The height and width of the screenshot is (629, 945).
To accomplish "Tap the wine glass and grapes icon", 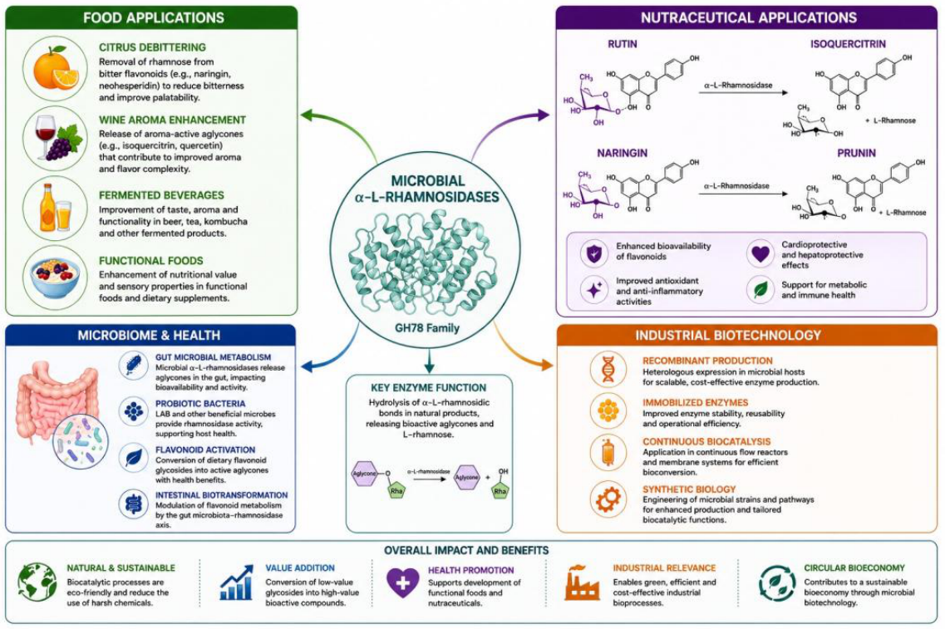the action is pyautogui.click(x=58, y=138).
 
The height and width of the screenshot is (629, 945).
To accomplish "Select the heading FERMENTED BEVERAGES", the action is pyautogui.click(x=161, y=195).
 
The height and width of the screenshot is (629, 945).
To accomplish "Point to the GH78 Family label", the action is pyautogui.click(x=426, y=328).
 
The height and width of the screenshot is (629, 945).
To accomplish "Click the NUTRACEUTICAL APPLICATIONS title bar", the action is pyautogui.click(x=746, y=17).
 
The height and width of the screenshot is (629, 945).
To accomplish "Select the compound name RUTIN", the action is pyautogui.click(x=623, y=44).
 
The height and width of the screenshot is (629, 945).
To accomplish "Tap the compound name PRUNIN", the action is pyautogui.click(x=856, y=153).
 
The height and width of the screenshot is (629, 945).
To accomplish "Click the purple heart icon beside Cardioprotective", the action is pyautogui.click(x=760, y=253).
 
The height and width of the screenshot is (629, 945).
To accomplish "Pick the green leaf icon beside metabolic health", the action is pyautogui.click(x=760, y=290).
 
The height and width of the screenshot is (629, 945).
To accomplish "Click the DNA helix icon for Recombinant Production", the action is pyautogui.click(x=608, y=369).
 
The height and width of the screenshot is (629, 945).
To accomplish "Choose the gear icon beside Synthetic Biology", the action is pyautogui.click(x=608, y=499).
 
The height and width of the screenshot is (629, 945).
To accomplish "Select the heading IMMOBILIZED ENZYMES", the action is pyautogui.click(x=695, y=402).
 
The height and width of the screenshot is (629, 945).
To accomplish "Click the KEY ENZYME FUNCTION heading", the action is pyautogui.click(x=429, y=388).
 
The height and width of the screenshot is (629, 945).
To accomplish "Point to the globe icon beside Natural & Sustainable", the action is pyautogui.click(x=37, y=582).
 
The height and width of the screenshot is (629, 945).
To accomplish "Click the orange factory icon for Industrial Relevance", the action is pyautogui.click(x=582, y=582).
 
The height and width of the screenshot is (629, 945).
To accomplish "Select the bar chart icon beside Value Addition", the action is pyautogui.click(x=236, y=582).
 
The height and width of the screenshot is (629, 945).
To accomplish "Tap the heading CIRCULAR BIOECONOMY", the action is pyautogui.click(x=854, y=568).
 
